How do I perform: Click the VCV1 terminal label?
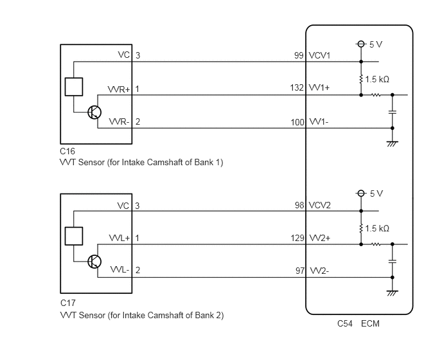319,55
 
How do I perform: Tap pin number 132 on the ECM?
297,87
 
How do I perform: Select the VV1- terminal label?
319,122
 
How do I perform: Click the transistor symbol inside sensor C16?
94,113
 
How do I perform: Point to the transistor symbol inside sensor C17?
94,262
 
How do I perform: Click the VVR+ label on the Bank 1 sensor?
119,89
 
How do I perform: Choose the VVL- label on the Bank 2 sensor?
119,270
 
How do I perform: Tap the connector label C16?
67,152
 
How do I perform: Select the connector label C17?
68,303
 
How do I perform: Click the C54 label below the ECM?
345,323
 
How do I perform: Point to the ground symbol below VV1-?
392,144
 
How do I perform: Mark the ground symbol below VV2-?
392,293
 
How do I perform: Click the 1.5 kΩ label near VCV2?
377,228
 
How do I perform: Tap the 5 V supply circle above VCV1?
361,44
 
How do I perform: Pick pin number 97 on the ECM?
300,271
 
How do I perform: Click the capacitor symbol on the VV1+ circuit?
392,113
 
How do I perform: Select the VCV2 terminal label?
320,205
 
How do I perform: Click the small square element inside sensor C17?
74,236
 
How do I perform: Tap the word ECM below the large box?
370,323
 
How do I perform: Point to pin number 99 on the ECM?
299,55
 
